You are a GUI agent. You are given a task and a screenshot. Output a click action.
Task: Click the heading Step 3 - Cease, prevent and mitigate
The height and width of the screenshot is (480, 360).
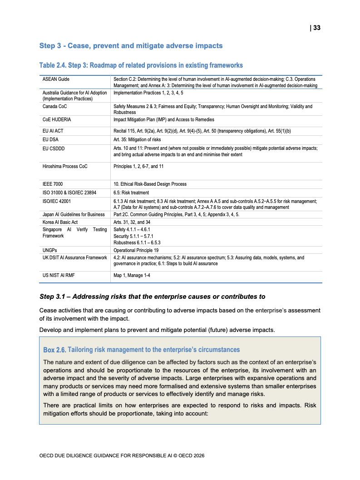pyautogui.click(x=131, y=46)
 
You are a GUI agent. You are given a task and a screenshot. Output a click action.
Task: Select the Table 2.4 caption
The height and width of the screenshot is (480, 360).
pyautogui.click(x=141, y=65)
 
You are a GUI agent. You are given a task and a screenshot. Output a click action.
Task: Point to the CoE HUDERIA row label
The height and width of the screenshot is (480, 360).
pyautogui.click(x=57, y=120)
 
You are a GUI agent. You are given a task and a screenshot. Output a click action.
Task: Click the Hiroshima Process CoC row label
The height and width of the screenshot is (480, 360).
pyautogui.click(x=65, y=167)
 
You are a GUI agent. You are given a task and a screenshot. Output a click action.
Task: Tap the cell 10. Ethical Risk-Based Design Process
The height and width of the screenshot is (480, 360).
pyautogui.click(x=150, y=184)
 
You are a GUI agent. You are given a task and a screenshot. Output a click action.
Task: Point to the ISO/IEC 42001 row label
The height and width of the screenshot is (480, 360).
pyautogui.click(x=56, y=201)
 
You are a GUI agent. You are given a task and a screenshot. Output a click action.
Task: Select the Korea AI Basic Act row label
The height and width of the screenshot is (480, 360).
pyautogui.click(x=60, y=222)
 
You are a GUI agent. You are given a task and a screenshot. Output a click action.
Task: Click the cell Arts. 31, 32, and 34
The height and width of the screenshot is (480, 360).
pyautogui.click(x=132, y=222)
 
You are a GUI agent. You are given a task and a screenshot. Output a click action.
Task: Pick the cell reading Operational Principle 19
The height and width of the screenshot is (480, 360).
pyautogui.click(x=136, y=250)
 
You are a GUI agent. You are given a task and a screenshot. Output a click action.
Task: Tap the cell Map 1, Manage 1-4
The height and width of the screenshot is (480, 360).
pyautogui.click(x=132, y=275)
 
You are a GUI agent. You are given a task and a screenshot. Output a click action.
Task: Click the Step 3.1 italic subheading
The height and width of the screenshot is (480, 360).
pyautogui.click(x=152, y=297)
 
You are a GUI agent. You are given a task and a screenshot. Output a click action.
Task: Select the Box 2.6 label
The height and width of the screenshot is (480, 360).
pyautogui.click(x=54, y=350)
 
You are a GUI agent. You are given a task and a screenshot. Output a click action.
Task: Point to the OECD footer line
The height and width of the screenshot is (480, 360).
pyautogui.click(x=125, y=455)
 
